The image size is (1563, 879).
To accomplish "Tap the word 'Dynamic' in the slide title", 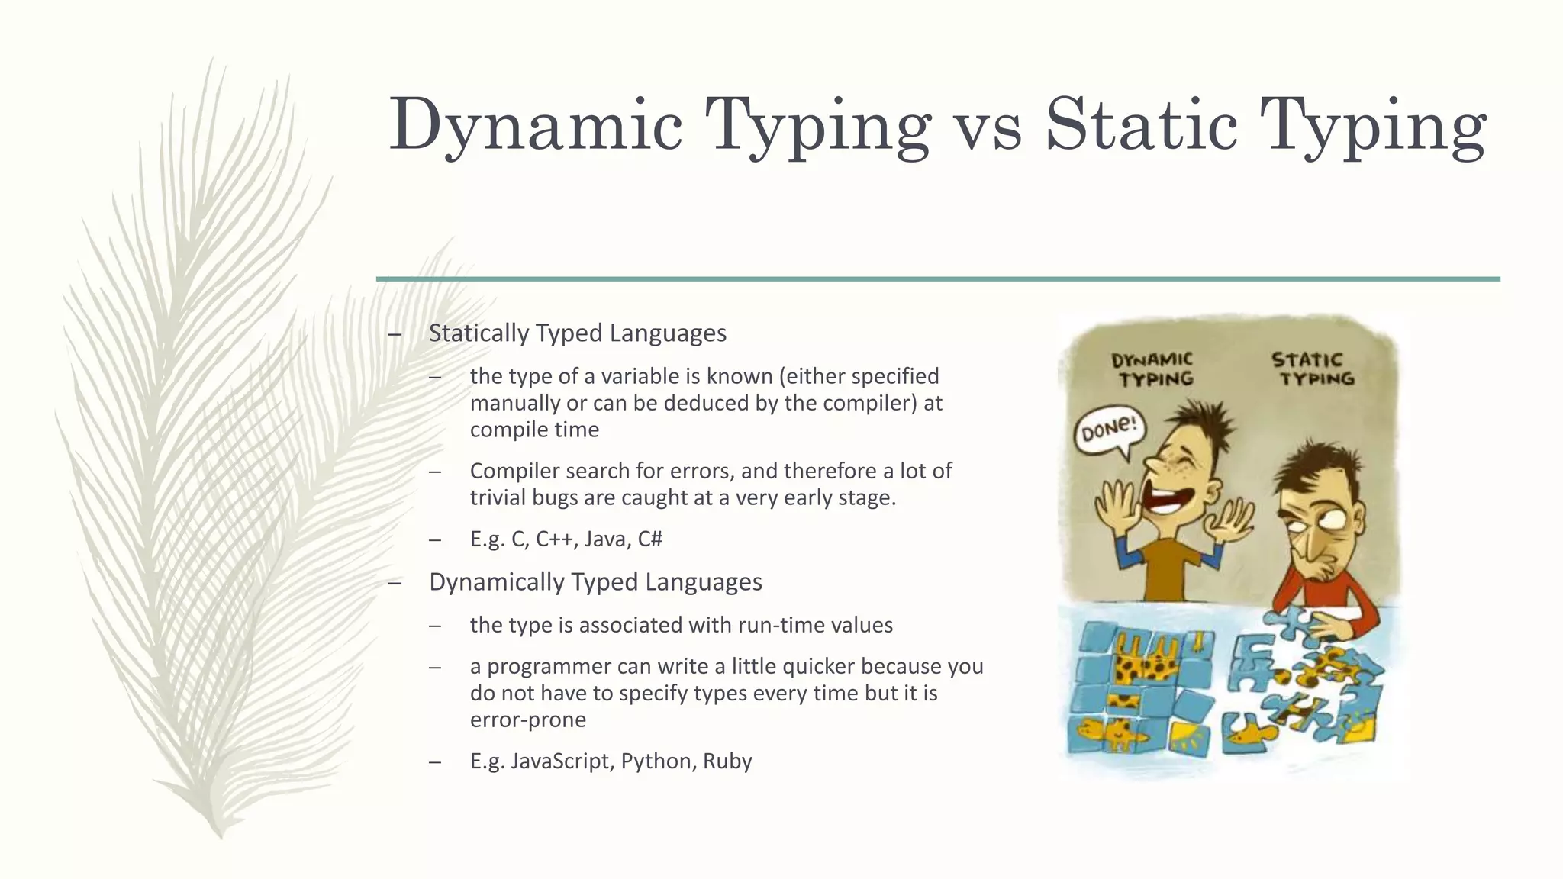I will [x=535, y=126].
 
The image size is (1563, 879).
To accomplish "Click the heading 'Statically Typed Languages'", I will [x=577, y=333].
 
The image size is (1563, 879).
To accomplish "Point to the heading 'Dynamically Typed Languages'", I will [x=595, y=582].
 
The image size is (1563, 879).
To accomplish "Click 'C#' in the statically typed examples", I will [x=650, y=539].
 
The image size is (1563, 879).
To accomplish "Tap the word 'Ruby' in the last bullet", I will [x=727, y=761].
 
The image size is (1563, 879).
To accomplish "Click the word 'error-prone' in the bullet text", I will [x=528, y=720].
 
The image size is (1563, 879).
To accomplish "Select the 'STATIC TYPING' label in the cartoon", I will [x=1313, y=369].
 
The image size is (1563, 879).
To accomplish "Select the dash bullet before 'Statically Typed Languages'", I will [x=395, y=333].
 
